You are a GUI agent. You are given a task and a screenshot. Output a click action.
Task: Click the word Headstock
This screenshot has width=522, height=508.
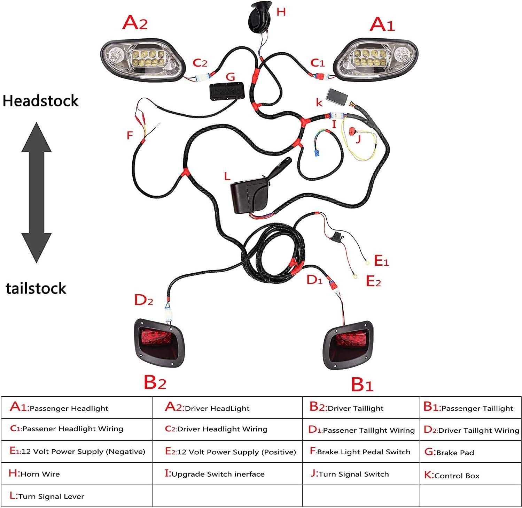[x=41, y=101]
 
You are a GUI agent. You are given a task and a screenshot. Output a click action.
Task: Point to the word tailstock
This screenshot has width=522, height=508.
[x=36, y=288]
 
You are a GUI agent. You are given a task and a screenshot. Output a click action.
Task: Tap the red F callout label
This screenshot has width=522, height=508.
[x=130, y=135]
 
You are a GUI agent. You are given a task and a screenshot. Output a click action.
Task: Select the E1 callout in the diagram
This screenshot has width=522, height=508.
[x=381, y=260]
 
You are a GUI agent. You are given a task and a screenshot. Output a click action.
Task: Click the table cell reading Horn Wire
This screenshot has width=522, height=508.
[x=77, y=474]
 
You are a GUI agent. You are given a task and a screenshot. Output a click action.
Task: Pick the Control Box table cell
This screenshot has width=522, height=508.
[x=470, y=475]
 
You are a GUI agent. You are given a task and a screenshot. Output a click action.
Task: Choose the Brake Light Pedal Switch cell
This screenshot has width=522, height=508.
[x=361, y=452]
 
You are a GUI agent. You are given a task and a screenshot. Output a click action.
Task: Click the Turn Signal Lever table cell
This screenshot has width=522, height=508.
[x=77, y=496]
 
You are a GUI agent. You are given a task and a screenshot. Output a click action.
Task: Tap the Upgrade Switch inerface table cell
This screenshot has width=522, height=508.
[x=227, y=474]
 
